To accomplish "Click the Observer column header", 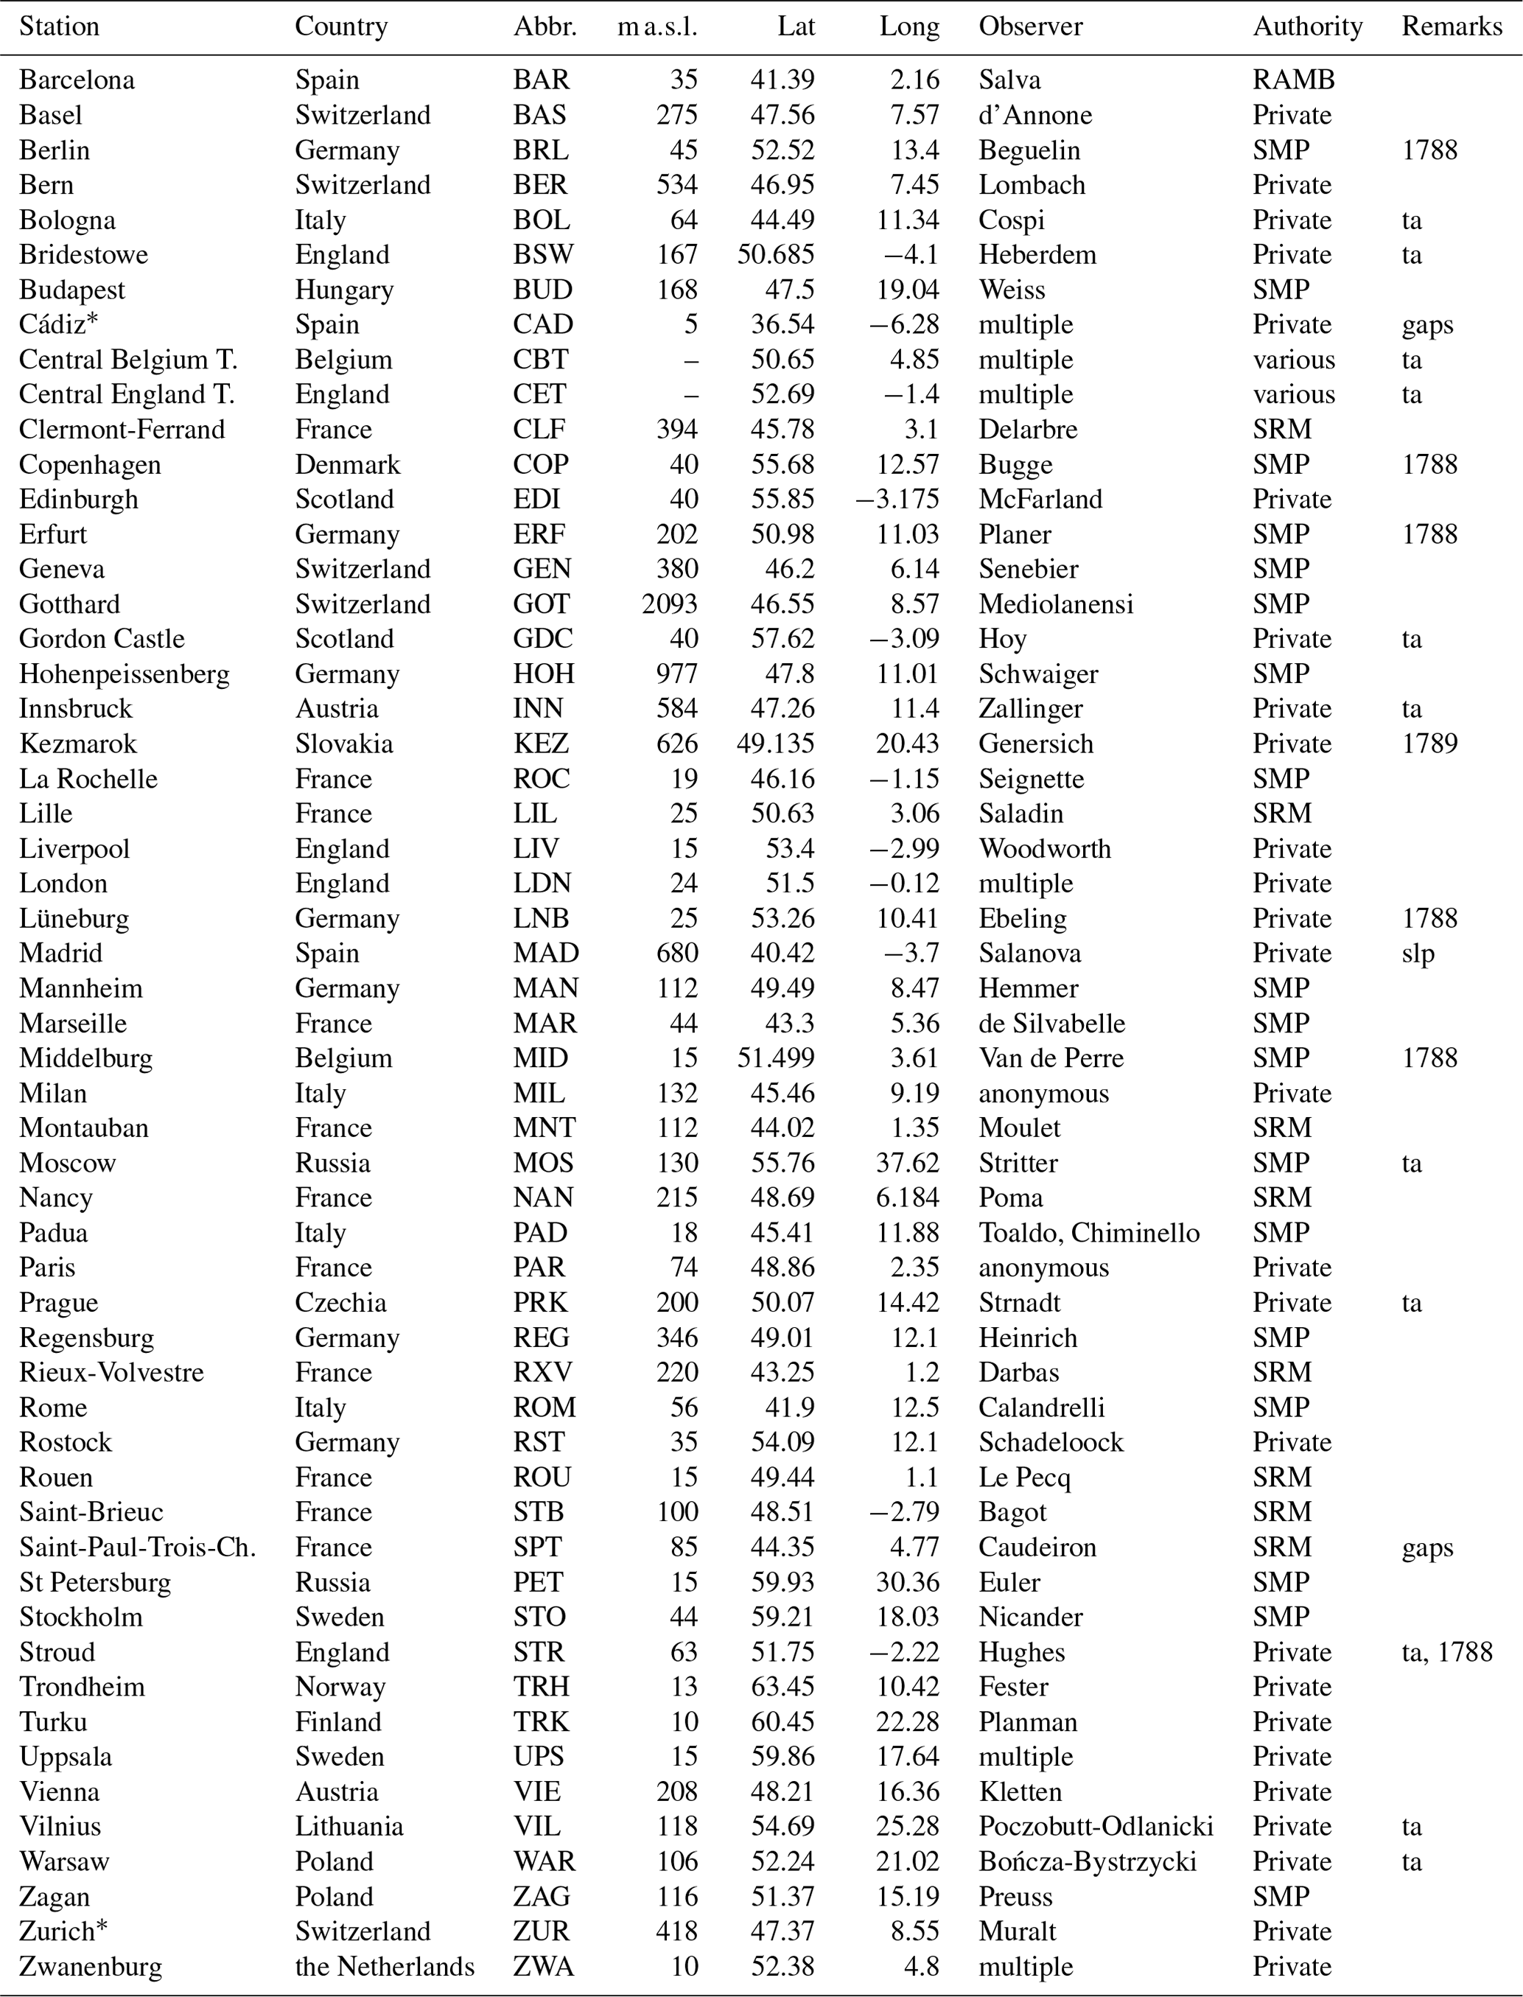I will [1030, 27].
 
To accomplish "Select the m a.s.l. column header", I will [657, 27].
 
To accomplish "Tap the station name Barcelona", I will [77, 80].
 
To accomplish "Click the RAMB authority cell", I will [1294, 80].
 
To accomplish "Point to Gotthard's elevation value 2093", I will [670, 604].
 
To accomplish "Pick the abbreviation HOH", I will [544, 674].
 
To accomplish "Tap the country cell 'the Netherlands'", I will [385, 1966].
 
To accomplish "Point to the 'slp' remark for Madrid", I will [1418, 954].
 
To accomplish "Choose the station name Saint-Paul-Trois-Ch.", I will [138, 1547].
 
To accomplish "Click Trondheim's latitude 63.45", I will [782, 1687].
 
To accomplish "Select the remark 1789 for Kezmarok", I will [1429, 744].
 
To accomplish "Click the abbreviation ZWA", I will [543, 1966].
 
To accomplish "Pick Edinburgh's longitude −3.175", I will [897, 500].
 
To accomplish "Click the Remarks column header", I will [1452, 27].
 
